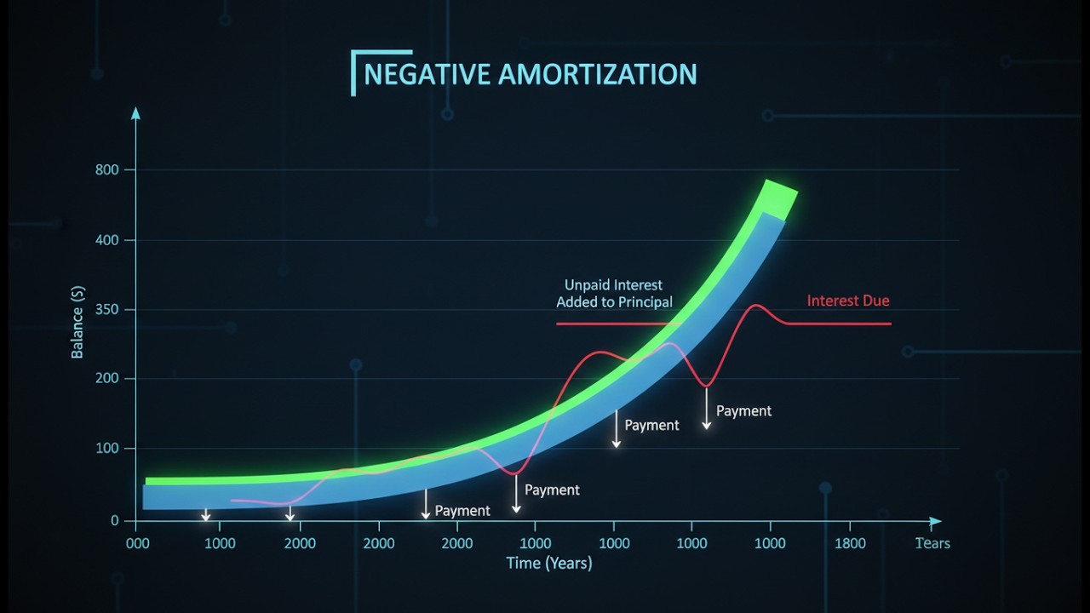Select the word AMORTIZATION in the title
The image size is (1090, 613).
(597, 74)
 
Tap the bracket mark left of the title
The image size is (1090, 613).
(355, 72)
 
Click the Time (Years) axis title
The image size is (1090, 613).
(549, 563)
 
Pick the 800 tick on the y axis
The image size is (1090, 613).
(109, 170)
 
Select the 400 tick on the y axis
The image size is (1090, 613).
(109, 240)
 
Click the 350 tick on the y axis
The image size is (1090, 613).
(109, 309)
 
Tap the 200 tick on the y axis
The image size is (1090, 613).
(109, 378)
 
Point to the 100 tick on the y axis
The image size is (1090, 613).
(109, 449)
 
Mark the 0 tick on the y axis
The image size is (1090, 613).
(115, 520)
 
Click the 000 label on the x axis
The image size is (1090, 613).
(138, 543)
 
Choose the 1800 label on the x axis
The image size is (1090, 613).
(850, 543)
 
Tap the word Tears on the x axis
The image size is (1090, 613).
(932, 543)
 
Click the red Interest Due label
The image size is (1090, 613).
(848, 301)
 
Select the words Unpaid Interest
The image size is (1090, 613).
(613, 284)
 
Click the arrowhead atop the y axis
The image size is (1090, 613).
(135, 112)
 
